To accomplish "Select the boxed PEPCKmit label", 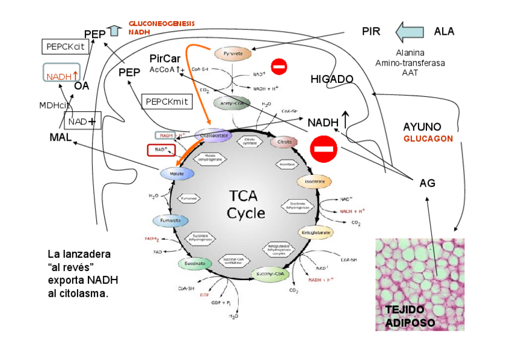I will point(167,101).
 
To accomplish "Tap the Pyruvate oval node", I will point(233,53).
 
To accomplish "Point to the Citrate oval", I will point(284,142).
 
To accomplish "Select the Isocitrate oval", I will point(315,181).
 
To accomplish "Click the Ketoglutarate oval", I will point(315,232).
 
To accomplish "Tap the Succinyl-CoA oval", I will point(270,274).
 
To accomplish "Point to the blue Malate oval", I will point(177,173).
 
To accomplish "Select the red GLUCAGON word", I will point(428,138).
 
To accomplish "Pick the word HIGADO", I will point(331,79).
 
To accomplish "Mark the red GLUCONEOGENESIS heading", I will point(162,23).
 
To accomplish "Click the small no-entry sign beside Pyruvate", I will point(279,66).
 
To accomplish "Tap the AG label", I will point(427,183).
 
